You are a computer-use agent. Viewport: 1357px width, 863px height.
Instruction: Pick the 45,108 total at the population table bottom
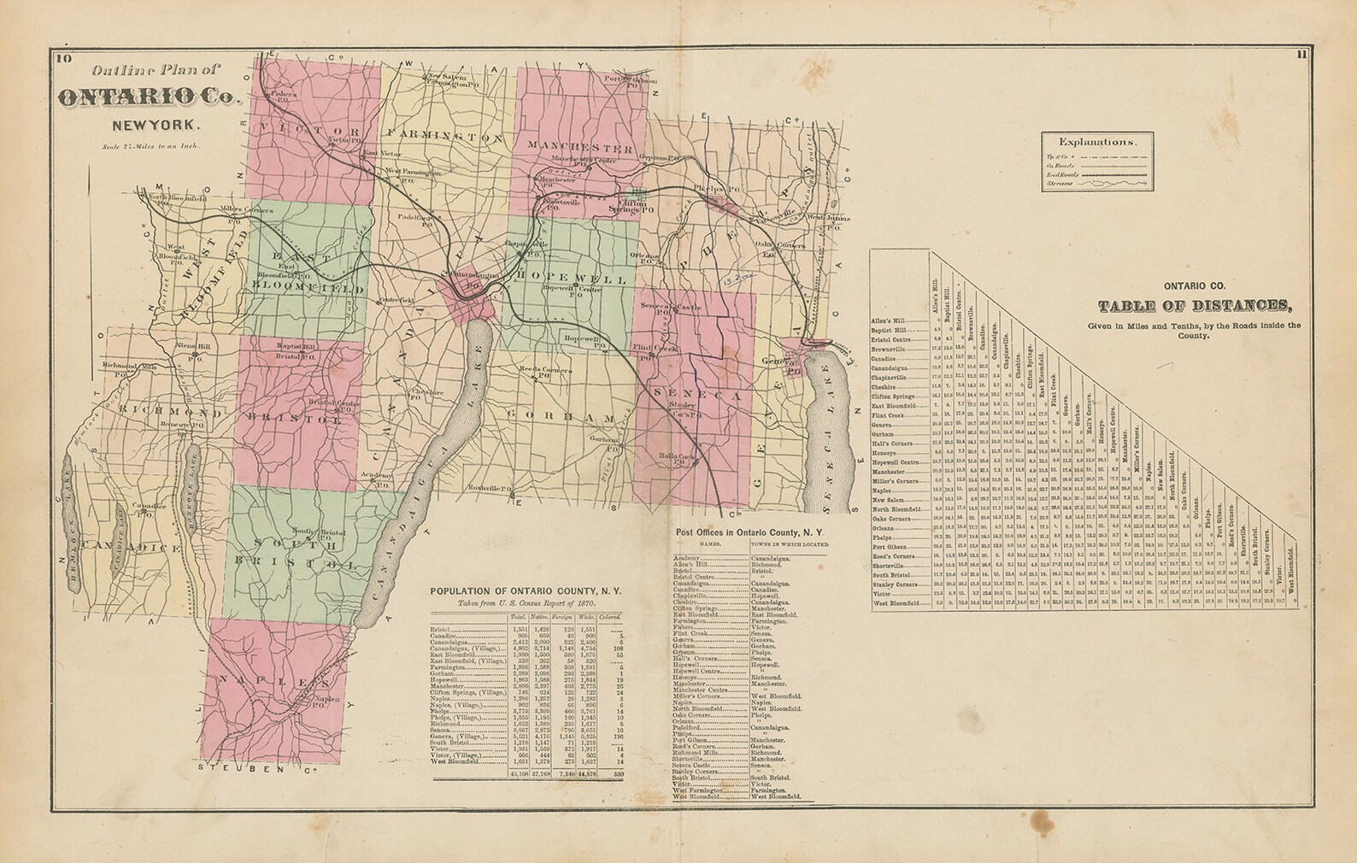tap(519, 774)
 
